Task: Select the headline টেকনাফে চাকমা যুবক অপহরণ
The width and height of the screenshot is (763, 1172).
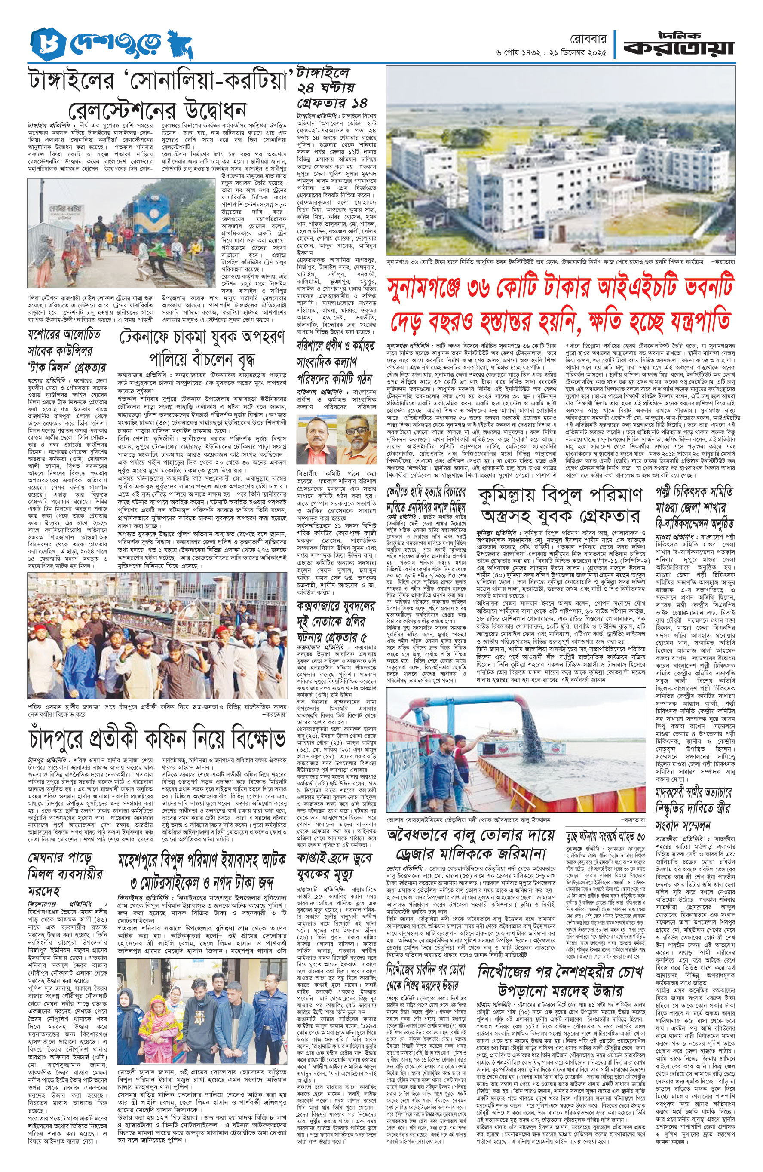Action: (202, 337)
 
